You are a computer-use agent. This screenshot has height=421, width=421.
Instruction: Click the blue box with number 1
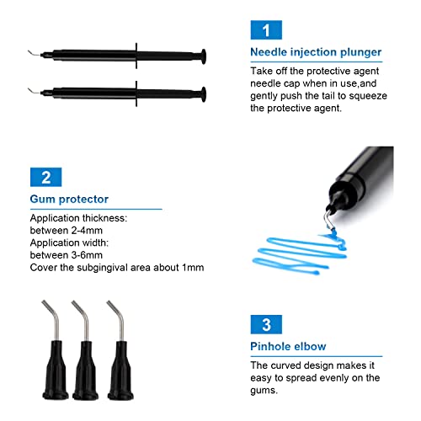(x=266, y=30)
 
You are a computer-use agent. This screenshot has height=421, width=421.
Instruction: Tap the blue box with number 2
(x=45, y=177)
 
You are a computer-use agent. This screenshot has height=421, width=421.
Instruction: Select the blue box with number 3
(x=266, y=324)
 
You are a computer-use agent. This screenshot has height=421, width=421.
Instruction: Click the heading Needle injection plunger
(x=316, y=52)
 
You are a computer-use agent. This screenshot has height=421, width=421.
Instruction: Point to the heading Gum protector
(x=69, y=200)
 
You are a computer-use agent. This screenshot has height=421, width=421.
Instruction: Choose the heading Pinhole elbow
(x=288, y=346)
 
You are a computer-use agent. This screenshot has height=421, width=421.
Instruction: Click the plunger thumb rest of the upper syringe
(x=204, y=57)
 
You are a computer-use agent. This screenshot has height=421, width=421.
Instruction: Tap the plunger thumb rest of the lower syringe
(x=204, y=94)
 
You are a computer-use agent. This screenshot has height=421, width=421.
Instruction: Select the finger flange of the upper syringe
(x=136, y=56)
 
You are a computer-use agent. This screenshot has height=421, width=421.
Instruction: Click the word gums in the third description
(x=264, y=391)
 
